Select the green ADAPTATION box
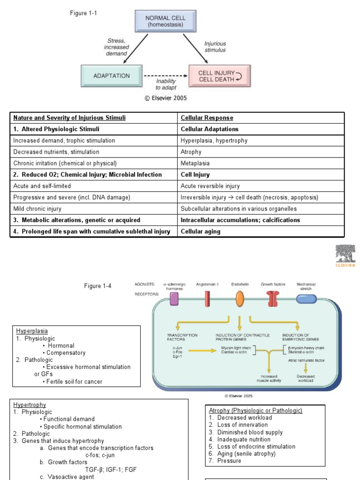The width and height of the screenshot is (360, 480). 111,75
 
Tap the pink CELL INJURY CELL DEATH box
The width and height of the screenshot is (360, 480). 219,76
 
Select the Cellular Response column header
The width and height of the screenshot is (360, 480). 207,118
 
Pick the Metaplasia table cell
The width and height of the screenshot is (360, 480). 195,163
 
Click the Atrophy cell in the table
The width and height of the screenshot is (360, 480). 191,152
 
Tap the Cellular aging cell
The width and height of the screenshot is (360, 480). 200,231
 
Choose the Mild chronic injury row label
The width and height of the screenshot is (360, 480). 37,209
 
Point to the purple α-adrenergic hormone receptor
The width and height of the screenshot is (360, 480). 174,299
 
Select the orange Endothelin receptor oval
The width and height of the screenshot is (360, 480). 240,299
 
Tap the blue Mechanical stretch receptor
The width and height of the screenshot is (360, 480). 306,299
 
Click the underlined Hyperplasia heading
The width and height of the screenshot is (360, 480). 32,331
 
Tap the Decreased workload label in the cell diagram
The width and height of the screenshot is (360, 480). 306,378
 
